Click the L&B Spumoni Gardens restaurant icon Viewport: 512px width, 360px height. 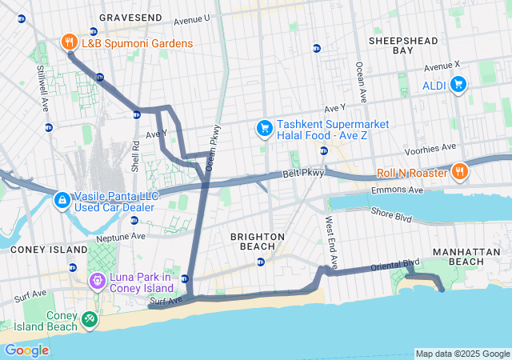pos(70,42)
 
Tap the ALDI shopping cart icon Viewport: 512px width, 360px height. pos(458,83)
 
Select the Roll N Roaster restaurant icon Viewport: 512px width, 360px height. pos(459,170)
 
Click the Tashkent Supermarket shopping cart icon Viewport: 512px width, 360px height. pos(263,128)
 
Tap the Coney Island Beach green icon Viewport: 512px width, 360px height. pos(89,321)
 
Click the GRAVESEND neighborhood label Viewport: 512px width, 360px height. pos(130,17)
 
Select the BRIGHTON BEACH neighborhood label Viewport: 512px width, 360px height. pos(257,242)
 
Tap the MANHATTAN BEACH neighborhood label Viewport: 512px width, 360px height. pos(458,256)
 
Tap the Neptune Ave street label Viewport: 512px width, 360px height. pos(122,237)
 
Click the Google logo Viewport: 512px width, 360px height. pos(26,350)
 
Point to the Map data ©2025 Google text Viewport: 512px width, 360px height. pos(462,354)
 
